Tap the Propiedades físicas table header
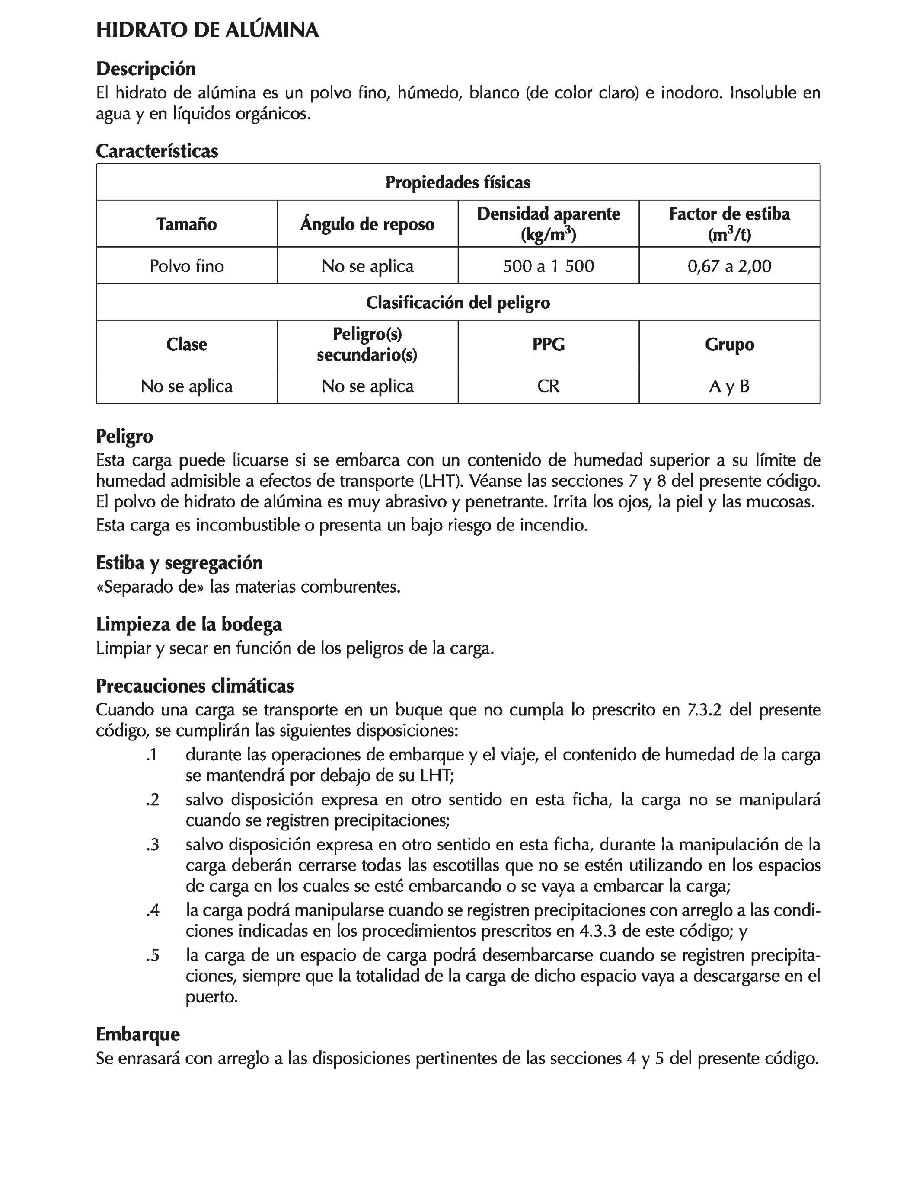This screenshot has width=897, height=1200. [x=457, y=182]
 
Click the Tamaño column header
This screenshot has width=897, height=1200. [x=186, y=224]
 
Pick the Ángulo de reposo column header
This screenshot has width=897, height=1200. [x=367, y=224]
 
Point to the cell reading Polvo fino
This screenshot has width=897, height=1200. [x=186, y=266]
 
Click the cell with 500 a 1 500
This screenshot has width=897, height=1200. [x=548, y=266]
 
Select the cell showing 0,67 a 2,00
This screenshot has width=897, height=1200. [x=729, y=266]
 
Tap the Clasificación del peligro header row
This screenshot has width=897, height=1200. [x=457, y=302]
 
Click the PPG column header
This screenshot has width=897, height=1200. [x=548, y=344]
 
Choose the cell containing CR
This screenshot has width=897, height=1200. [x=548, y=386]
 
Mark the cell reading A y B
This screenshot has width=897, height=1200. [x=729, y=386]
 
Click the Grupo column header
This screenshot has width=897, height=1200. [x=729, y=344]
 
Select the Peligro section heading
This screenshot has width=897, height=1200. [x=124, y=436]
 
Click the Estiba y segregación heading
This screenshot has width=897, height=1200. [x=179, y=562]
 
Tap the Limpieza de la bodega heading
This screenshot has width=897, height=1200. [x=189, y=624]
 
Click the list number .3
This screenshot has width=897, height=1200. [x=153, y=844]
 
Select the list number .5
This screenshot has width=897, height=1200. [x=153, y=955]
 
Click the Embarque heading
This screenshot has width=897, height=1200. [x=137, y=1034]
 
